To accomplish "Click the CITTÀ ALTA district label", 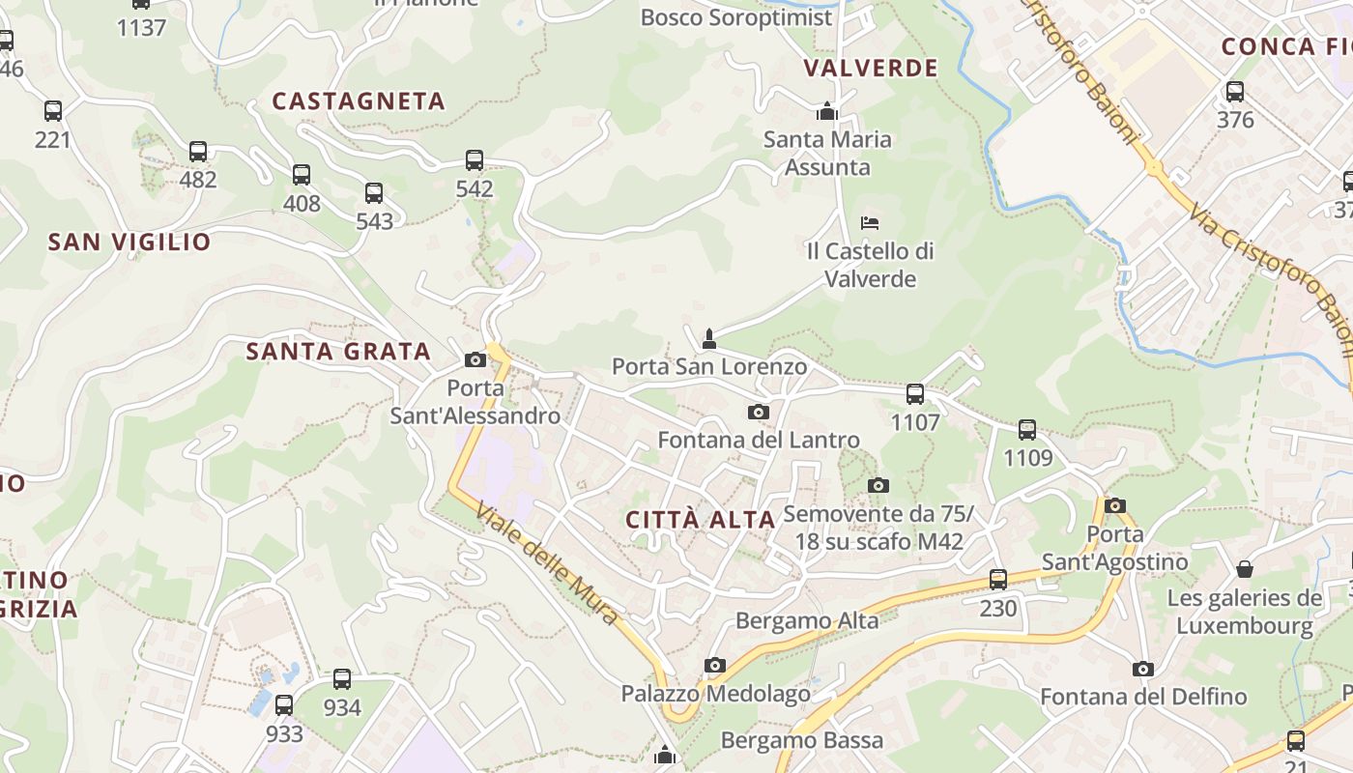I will [701, 520].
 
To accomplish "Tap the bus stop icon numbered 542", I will [475, 160].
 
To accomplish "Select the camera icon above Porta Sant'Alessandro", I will [475, 360].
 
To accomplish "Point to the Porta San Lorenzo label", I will [709, 367].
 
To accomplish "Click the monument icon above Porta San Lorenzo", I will [709, 338].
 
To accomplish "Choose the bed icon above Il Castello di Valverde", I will [870, 223].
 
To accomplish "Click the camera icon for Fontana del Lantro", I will [759, 413].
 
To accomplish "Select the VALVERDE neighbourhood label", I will [871, 68].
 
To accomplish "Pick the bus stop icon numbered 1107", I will [915, 394].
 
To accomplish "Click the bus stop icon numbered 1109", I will [1027, 429].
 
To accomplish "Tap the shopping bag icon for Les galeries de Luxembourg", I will [1245, 569].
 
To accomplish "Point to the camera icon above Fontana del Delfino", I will [1143, 669].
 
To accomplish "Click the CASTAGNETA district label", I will [359, 101].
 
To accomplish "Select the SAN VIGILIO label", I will [130, 242].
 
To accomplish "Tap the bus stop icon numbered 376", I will [1235, 92].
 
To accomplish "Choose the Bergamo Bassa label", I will [802, 741].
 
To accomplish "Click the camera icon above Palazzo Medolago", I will [715, 665].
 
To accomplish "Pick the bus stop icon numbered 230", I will [998, 580].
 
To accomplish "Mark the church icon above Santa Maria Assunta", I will [826, 111].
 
